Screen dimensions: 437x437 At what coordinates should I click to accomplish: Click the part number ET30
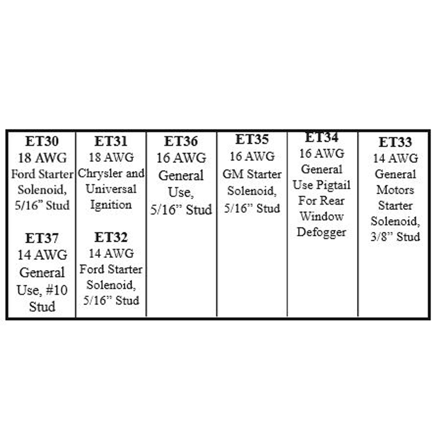point(42,141)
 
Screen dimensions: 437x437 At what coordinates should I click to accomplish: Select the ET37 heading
point(42,238)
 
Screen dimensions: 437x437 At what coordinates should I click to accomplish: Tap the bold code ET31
point(111,141)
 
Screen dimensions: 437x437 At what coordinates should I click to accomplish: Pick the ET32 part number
point(111,237)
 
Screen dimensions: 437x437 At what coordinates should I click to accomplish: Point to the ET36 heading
point(181,141)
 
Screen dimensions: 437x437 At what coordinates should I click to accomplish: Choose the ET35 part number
point(252,139)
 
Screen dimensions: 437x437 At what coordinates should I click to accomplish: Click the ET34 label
point(321,137)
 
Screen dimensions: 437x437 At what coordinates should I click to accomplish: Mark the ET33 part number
point(395,142)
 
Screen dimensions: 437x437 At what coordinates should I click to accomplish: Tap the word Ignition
point(111,205)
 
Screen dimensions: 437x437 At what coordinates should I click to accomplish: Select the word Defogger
point(321,232)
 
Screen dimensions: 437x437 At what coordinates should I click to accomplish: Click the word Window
point(321,216)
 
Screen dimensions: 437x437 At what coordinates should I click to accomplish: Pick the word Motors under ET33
point(395,190)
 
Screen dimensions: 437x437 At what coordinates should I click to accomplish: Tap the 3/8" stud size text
point(381,237)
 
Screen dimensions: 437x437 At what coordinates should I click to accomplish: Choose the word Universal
point(111,189)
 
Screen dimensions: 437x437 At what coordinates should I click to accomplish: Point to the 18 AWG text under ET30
point(42,158)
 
